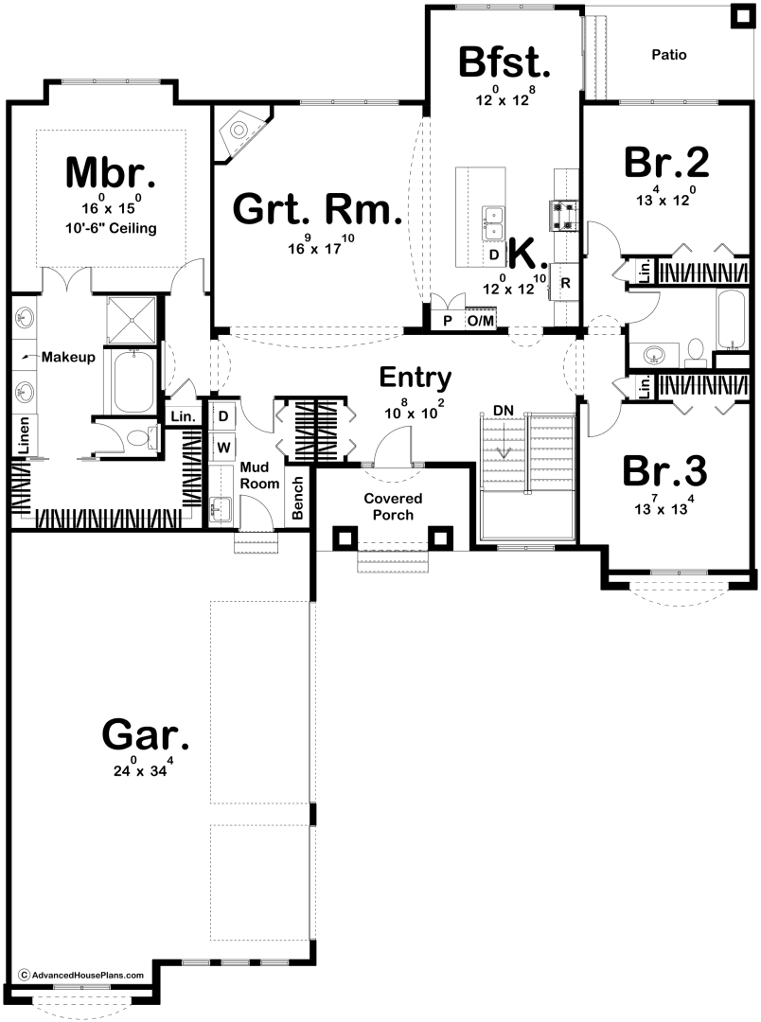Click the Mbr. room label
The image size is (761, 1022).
pos(110,173)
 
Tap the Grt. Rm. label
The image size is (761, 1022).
pos(317,210)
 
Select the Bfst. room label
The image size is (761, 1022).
pos(504,62)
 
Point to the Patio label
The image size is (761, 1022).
pos(669,55)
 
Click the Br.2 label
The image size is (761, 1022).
pos(666,162)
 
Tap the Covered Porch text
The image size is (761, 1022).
pos(393,506)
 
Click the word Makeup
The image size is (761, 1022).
pos(68,357)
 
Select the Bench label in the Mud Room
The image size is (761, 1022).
pos(297,498)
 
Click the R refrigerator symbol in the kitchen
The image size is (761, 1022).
pos(565,283)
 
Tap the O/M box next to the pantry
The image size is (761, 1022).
pos(480,321)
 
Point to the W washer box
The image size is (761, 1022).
pos(223,447)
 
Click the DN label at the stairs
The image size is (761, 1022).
pos(503,411)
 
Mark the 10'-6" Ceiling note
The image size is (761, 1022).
pos(110,228)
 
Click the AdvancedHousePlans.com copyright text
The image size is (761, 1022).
pos(80,975)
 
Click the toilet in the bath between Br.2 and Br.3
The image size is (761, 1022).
pos(696,351)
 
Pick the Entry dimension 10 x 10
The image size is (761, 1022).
pos(414,410)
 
